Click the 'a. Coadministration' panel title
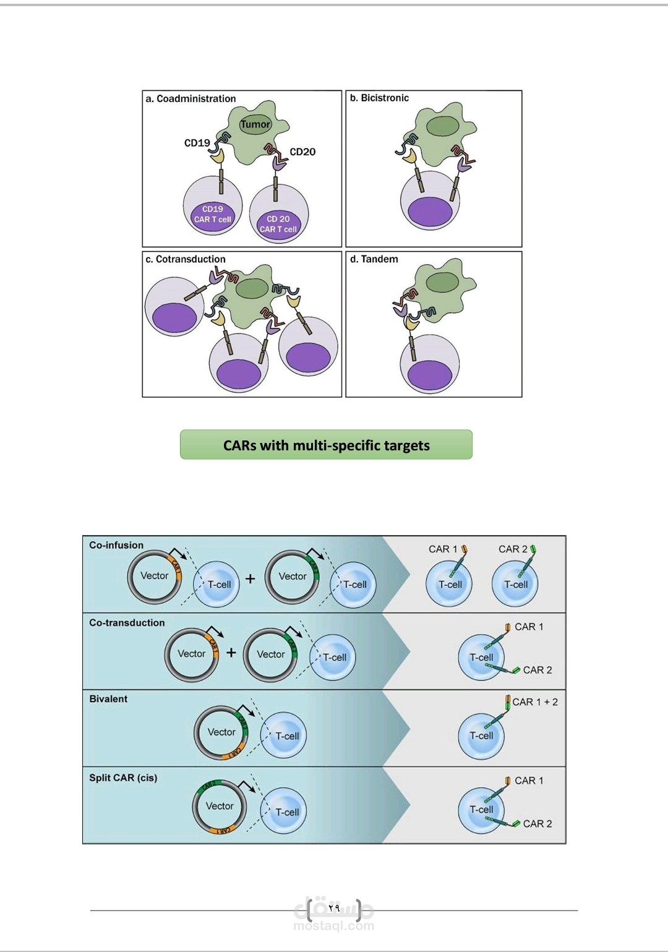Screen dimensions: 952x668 pos(191,99)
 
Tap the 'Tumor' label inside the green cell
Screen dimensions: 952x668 pos(255,124)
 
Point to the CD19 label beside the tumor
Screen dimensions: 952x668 pos(197,143)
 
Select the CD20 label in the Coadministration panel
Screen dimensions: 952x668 pos(302,152)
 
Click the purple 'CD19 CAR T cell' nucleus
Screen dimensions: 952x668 pos(212,215)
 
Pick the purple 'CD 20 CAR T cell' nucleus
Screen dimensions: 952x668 pos(278,224)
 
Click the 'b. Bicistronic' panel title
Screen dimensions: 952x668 pos(379,98)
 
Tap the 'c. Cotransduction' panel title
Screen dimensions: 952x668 pos(186,259)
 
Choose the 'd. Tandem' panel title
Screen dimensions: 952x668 pos(374,259)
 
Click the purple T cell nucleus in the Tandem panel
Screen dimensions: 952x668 pos(430,374)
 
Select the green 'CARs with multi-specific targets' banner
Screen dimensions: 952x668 pos(326,445)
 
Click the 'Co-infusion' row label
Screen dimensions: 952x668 pos(116,545)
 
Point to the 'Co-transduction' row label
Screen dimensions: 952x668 pos(127,623)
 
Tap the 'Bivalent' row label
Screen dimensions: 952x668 pos(108,699)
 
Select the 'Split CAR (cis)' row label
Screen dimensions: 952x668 pos(123,778)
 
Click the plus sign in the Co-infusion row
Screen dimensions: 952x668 pos(250,579)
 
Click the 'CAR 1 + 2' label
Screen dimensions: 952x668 pos(535,702)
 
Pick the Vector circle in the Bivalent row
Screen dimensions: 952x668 pos(221,732)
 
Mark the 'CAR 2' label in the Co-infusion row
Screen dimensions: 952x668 pos(513,549)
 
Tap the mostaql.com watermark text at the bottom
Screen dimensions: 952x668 pos(334,926)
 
